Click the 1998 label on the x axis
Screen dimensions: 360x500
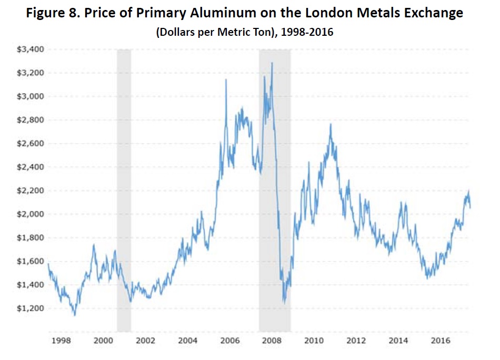(62, 341)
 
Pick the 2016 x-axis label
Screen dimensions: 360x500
(441, 341)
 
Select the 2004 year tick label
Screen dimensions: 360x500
(188, 341)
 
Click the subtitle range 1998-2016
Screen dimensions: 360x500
(306, 33)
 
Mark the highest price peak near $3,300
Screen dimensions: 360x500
(272, 63)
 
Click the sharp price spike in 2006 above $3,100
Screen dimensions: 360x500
(226, 79)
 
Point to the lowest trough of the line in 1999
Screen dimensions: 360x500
(75, 315)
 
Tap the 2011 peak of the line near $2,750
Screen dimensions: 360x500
(330, 124)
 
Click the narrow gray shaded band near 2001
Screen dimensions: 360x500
(124, 189)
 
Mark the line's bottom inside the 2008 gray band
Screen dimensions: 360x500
(284, 303)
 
